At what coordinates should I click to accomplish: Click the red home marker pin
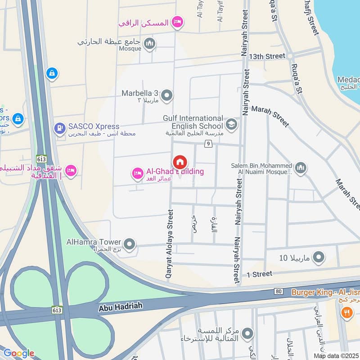click(180, 162)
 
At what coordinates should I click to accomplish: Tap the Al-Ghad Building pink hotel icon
click(137, 172)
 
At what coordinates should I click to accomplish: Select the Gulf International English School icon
click(231, 125)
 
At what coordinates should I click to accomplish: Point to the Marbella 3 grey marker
click(167, 95)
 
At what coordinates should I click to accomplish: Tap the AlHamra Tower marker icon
click(130, 244)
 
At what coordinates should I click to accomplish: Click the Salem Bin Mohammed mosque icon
click(301, 168)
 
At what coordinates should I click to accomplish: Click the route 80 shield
click(279, 292)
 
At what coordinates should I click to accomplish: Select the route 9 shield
click(208, 144)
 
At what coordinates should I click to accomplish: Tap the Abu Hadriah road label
click(120, 306)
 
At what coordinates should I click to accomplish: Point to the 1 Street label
click(259, 274)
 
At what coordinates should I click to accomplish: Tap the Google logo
click(18, 353)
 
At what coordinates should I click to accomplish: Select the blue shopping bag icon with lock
click(52, 73)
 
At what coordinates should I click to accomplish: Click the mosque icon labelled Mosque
click(150, 44)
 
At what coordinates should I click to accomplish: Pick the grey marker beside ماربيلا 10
click(319, 258)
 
